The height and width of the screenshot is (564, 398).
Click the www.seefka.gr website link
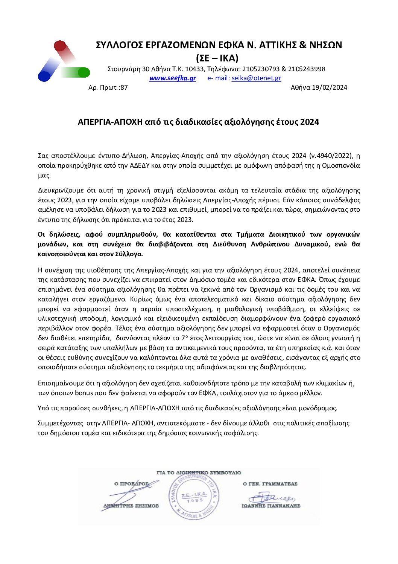172,78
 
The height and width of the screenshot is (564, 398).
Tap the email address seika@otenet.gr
256,78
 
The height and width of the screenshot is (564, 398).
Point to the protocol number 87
124,88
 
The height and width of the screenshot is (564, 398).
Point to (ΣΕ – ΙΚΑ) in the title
217,58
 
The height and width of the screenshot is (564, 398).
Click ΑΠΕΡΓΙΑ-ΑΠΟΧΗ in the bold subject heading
111,122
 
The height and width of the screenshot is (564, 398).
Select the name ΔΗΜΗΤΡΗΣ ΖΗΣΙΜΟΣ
131,506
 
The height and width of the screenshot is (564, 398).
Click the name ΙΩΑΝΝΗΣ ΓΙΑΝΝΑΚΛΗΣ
270,506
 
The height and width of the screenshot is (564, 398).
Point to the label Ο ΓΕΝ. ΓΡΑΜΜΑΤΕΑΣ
270,484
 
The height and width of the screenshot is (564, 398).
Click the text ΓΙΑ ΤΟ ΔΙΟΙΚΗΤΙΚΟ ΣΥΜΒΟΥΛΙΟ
199,473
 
